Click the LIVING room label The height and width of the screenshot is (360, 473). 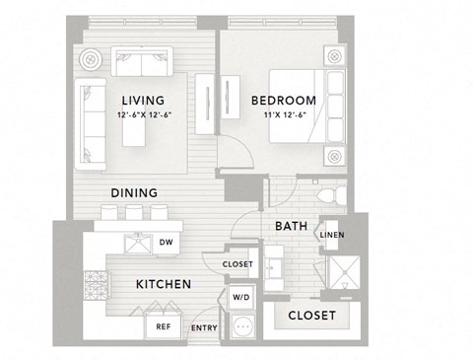point(150,101)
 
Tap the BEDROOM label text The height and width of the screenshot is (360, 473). point(283,101)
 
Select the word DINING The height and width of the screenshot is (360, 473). point(135,193)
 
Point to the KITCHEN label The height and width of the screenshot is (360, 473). point(163,284)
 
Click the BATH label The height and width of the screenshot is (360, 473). point(291,227)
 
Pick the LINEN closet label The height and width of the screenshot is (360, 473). point(332,235)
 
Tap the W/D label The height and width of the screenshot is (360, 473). point(241,296)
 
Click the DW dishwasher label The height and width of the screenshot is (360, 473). point(167,242)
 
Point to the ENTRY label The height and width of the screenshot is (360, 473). point(204,327)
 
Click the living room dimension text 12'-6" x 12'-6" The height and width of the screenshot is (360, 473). point(150,114)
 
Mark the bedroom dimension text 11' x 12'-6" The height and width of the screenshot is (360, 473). point(283,114)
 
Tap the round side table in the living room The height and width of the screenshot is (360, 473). point(94,60)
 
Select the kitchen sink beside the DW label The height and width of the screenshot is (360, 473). point(136,243)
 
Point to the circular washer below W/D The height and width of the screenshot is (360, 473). point(241,324)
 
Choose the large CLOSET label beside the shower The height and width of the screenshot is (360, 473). point(311,316)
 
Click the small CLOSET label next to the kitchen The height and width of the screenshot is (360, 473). point(237,264)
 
